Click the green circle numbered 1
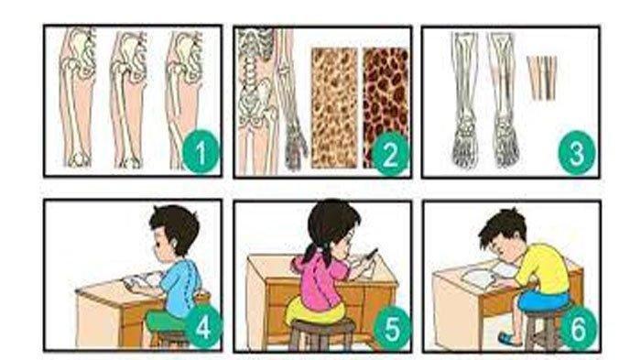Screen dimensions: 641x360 [x=201, y=152]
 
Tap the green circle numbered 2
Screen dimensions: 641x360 [x=389, y=154]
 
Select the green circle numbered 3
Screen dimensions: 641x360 [x=576, y=153]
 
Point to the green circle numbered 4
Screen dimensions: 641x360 [x=203, y=326]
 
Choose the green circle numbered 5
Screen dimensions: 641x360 [x=392, y=328]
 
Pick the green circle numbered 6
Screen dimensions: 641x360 [x=578, y=327]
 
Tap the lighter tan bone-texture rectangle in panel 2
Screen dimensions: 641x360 [x=334, y=107]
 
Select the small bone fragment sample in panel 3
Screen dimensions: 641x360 [x=542, y=78]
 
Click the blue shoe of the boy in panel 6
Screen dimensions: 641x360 [x=509, y=339]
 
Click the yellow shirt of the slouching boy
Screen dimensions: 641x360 [x=543, y=268]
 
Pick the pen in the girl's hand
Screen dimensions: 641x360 [x=371, y=254]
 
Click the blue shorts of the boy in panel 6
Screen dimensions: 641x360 [x=543, y=300]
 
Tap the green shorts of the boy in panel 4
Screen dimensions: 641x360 [x=166, y=322]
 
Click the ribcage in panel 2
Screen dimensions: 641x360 [x=255, y=46]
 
